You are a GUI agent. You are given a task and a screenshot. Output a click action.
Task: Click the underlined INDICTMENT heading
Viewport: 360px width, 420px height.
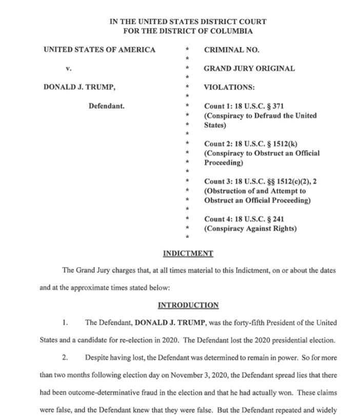click(188, 253)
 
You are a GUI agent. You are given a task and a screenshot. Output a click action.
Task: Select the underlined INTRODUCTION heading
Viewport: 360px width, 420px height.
click(188, 305)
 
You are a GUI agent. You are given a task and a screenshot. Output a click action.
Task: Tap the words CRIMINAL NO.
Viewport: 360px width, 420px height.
click(232, 50)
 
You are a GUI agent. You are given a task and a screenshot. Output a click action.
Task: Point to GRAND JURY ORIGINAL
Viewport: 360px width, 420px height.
click(249, 68)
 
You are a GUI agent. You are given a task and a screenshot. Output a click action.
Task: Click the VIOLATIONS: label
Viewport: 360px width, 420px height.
click(229, 87)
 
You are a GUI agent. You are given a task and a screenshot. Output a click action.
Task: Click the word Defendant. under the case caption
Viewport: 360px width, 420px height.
click(107, 106)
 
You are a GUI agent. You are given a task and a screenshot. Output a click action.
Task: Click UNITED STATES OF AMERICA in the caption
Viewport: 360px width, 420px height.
click(99, 50)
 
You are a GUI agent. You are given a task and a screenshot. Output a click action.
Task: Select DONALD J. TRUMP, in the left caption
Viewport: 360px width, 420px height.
click(79, 87)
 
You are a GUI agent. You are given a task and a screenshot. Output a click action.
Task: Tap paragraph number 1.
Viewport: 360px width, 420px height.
click(65, 323)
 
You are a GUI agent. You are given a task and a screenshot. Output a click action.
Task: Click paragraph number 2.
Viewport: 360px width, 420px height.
click(65, 357)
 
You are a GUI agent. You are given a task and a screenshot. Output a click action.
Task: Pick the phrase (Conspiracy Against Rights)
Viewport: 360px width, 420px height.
click(250, 229)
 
